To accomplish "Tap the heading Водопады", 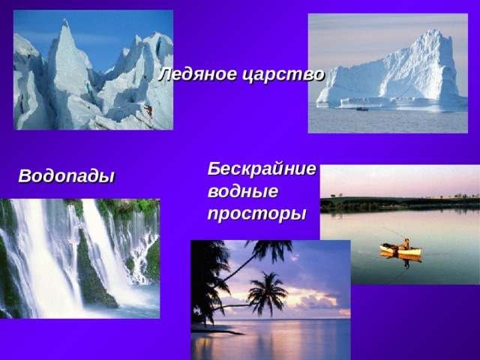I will coord(66,177).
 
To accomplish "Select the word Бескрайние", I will coord(262,169).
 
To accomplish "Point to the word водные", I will coord(242,191).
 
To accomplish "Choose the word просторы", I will coord(256,214).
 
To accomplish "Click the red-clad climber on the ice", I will coord(148,111).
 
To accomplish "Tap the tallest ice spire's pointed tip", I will coord(65,23).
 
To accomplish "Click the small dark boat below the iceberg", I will coord(361,109).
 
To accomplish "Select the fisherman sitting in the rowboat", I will coord(405,243).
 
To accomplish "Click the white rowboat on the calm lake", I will coord(400,249).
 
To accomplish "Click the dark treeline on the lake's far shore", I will coord(397,203).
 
